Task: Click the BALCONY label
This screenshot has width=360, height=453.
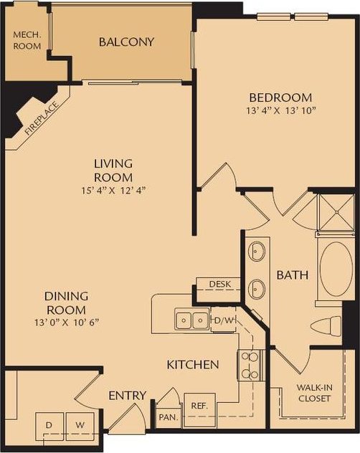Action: click(x=126, y=42)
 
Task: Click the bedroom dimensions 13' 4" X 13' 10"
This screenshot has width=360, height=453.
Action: click(x=280, y=110)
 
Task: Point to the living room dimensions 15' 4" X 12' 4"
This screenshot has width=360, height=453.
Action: click(x=113, y=191)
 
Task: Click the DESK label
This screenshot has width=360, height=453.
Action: click(x=219, y=285)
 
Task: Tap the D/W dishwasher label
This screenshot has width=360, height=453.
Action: click(x=224, y=320)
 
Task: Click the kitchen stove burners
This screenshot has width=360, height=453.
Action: click(x=248, y=364)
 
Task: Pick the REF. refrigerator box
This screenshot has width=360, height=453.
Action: click(x=199, y=406)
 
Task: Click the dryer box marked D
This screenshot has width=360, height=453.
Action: click(x=49, y=426)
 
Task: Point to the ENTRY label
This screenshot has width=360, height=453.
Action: click(x=127, y=396)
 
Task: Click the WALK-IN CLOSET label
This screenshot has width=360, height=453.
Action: click(x=313, y=394)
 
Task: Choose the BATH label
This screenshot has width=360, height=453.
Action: click(x=292, y=274)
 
